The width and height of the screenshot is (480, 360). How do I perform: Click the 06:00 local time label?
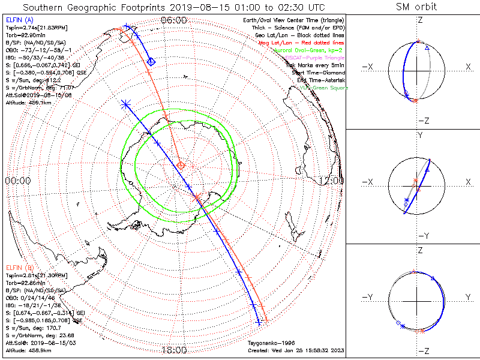pos(174,20)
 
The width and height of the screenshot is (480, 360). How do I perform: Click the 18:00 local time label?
pos(174,350)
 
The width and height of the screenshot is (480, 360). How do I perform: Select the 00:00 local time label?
pos(17,180)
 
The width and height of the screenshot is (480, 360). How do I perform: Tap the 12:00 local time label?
pos(331,180)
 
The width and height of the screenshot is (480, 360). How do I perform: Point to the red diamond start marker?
pos(181,164)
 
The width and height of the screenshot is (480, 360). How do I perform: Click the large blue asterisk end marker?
pos(125,104)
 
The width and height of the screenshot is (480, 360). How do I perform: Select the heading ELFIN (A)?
pos(20,20)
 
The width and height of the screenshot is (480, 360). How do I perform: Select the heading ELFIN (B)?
pos(20,266)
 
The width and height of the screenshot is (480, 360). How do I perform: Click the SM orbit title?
pos(416,7)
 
